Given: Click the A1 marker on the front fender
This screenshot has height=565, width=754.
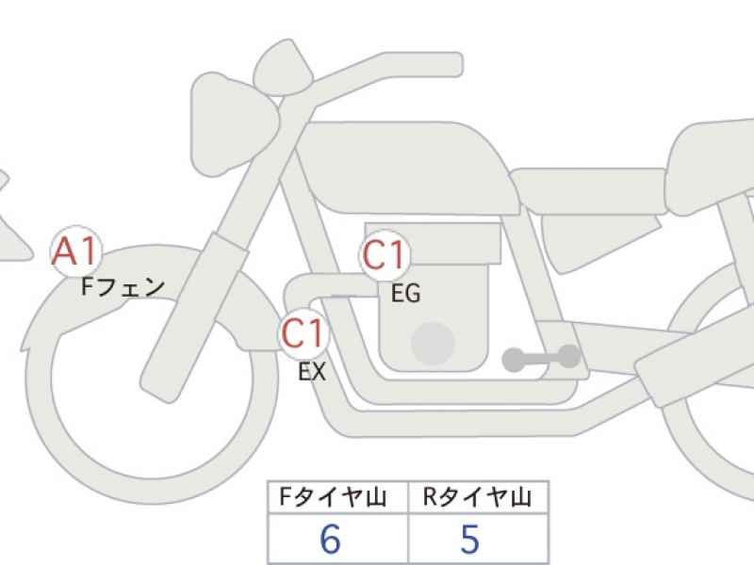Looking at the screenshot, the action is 76,251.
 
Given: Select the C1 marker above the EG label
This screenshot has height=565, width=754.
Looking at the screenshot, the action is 384,254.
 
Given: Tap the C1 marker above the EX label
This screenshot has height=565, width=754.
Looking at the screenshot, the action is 303,333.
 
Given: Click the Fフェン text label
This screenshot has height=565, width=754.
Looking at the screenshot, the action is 123,287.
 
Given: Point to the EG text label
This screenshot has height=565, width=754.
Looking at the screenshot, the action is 405,294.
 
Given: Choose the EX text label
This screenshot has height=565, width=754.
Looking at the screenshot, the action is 312,371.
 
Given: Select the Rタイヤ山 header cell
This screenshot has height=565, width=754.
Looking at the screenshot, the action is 478,497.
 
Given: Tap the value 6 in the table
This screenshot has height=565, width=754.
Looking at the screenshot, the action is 331,539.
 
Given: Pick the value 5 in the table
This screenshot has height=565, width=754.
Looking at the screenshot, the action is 469,539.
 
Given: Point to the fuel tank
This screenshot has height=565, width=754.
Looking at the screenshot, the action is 406,169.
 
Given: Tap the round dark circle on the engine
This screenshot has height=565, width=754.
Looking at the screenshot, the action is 433,343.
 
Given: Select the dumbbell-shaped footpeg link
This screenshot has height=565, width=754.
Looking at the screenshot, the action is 541,359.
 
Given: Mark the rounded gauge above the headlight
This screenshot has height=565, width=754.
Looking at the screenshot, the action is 284,68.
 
